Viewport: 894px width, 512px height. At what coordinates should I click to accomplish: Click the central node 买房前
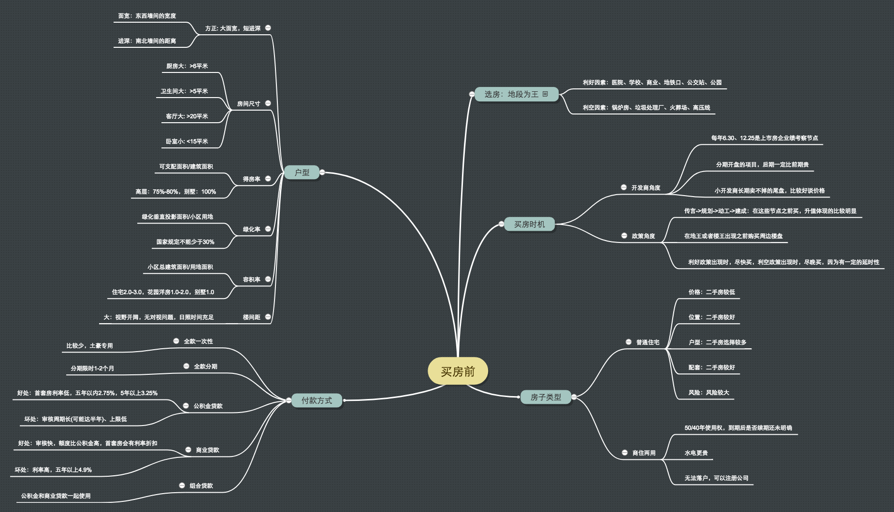458,371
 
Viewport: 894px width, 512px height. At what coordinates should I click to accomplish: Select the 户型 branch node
302,172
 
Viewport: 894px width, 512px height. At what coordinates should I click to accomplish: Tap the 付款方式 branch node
317,400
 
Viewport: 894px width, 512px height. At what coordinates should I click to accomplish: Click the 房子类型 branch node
546,397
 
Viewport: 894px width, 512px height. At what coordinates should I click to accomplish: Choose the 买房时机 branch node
529,224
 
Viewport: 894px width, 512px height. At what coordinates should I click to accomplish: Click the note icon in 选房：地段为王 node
545,94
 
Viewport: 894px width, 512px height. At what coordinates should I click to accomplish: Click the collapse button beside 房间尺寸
268,103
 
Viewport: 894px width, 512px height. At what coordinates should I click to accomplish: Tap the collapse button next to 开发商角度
624,187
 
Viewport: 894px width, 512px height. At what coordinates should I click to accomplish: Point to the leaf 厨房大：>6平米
187,66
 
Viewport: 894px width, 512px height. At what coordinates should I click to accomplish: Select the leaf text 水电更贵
696,453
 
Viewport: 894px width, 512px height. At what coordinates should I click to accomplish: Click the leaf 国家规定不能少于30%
185,242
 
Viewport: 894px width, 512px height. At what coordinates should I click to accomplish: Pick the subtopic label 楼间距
251,317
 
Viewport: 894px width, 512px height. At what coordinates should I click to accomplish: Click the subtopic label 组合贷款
201,486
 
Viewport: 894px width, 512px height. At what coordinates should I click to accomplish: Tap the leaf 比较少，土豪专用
89,346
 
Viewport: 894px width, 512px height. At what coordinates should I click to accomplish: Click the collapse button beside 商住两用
625,453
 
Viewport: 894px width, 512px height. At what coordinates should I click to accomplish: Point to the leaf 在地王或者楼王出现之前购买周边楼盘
733,236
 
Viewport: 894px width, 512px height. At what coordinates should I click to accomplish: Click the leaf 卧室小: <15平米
187,142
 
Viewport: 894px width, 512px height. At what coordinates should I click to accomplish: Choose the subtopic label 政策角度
643,236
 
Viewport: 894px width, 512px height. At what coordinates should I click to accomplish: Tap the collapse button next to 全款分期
186,366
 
